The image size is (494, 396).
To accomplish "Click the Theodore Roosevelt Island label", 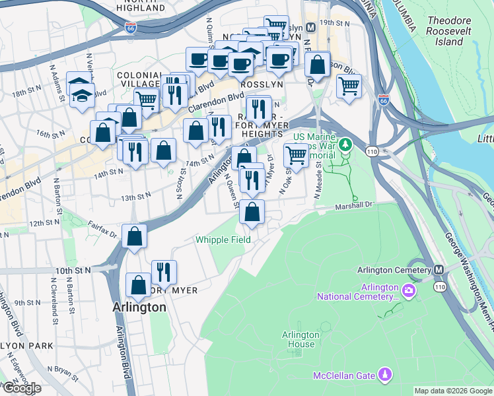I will click(x=444, y=31).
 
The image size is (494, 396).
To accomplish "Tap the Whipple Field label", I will click(x=223, y=240).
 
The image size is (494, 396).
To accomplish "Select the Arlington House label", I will click(x=300, y=339).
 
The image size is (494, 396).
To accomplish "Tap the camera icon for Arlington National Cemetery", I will click(x=409, y=290).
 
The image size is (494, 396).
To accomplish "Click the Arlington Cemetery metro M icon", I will click(x=439, y=270).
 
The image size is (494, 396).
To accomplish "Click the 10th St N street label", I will click(x=73, y=271).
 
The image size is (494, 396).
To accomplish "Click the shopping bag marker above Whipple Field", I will click(x=252, y=213).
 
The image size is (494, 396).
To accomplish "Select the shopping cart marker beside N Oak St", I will click(x=296, y=156).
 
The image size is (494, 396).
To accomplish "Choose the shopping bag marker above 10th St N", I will click(x=134, y=238).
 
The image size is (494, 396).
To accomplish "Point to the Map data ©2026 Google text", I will click(x=453, y=391).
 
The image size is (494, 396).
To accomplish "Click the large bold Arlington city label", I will click(x=139, y=308).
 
